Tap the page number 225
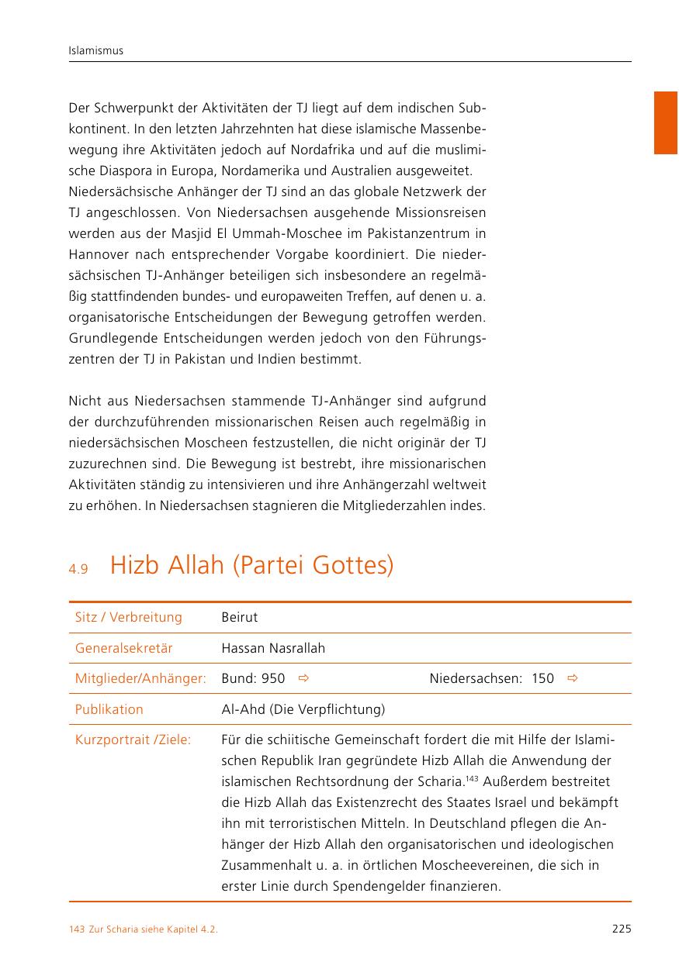[621, 929]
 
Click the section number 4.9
[78, 569]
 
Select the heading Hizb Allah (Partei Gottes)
[251, 566]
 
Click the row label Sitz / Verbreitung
[128, 618]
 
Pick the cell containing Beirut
[239, 618]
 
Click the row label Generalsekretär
[123, 648]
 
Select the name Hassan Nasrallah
[273, 648]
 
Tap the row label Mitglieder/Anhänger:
[140, 679]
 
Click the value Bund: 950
[253, 679]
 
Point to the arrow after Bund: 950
[304, 679]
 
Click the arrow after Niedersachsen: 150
[573, 679]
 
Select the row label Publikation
[109, 709]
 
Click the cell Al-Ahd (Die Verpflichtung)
[303, 709]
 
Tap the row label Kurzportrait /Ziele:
[133, 740]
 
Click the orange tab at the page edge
[665, 122]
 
